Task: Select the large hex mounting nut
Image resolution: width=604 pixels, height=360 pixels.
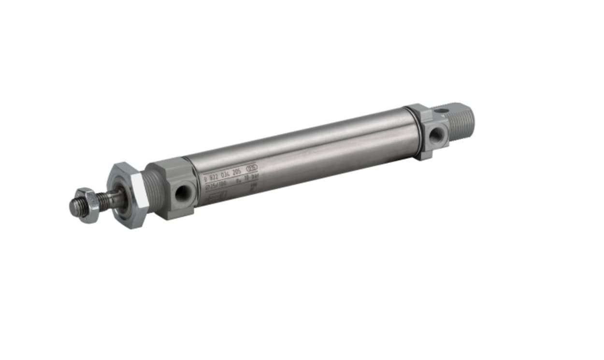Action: pos(127,195)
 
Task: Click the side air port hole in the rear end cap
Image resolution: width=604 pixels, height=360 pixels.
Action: pos(436,135)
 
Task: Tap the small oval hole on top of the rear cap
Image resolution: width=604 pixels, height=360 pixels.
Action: pos(440,111)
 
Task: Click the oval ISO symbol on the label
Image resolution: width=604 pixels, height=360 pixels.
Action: pos(252,169)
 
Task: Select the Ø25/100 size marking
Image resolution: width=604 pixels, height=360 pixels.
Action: pos(216,185)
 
